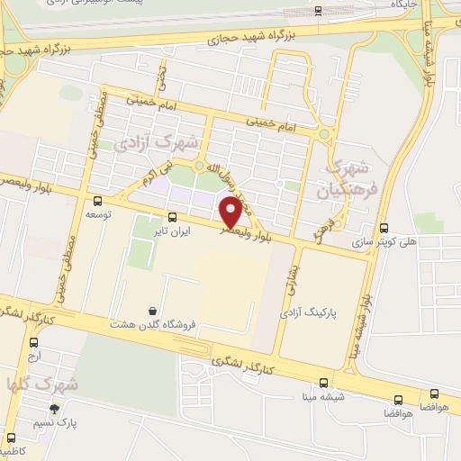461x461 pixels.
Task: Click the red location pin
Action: tap(231, 211)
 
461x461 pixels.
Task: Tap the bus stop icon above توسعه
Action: tap(97, 202)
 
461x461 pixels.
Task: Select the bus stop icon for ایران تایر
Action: tap(173, 216)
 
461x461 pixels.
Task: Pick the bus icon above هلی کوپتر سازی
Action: tap(385, 227)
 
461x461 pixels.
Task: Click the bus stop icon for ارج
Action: tap(34, 342)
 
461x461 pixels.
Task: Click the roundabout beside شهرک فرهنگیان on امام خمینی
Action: tap(323, 134)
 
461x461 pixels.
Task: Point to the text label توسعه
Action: tap(97, 215)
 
